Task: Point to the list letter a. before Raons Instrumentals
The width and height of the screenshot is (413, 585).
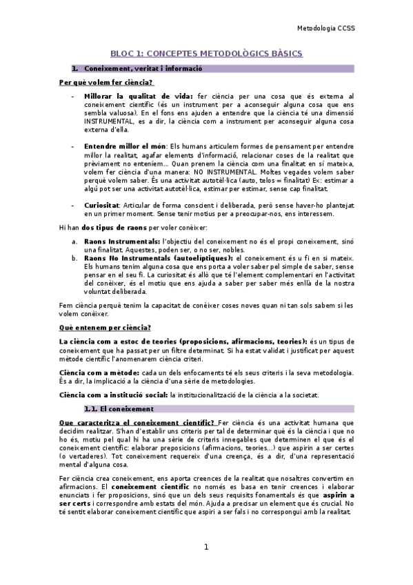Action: coord(74,241)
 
